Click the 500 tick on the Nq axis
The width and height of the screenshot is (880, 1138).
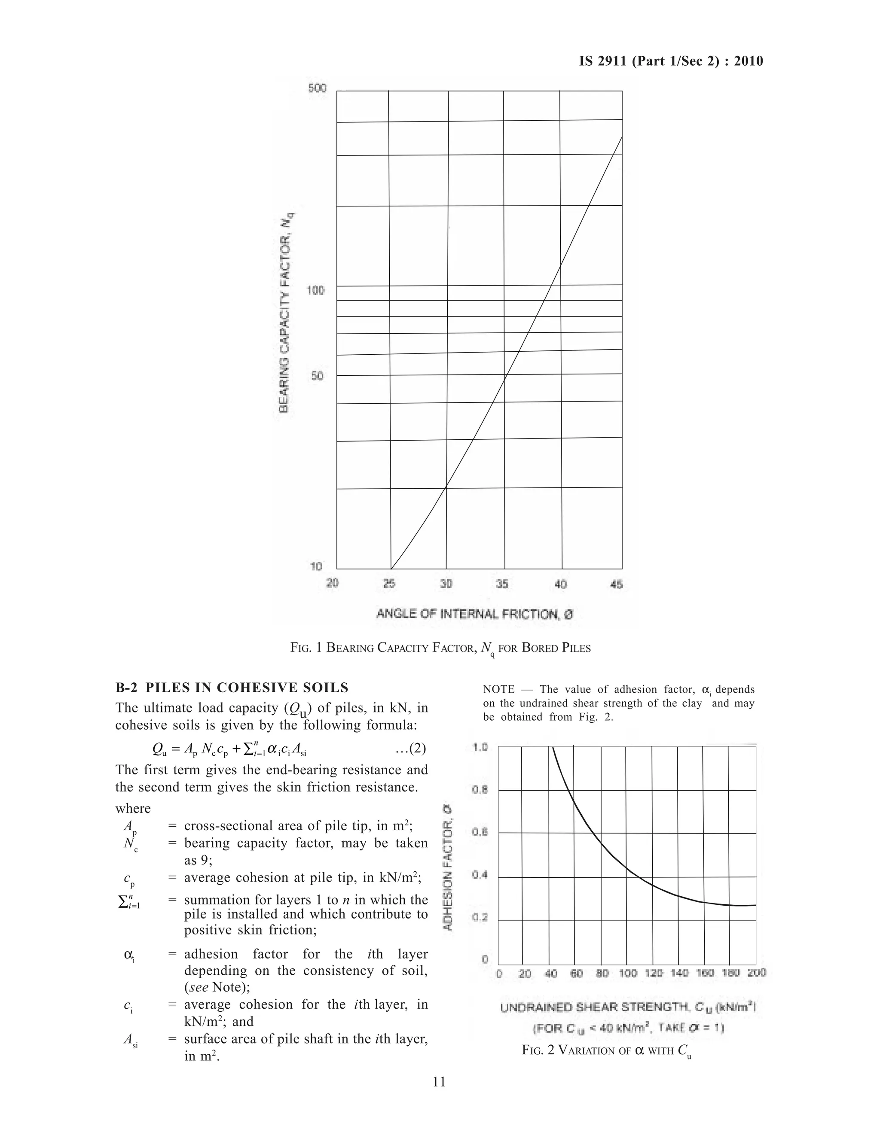[x=317, y=88]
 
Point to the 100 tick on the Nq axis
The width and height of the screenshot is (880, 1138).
[x=315, y=290]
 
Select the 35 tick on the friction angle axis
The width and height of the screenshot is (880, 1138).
[x=502, y=584]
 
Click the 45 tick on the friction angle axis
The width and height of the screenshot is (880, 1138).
[x=616, y=584]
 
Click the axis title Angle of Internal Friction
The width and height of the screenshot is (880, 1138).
[x=475, y=614]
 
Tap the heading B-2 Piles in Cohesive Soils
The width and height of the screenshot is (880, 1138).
[x=232, y=688]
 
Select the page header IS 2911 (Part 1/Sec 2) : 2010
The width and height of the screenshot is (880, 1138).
[x=671, y=61]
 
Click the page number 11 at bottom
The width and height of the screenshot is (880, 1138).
[x=439, y=1082]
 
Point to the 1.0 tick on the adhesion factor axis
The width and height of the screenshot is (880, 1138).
[x=480, y=747]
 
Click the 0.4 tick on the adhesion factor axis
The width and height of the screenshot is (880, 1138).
[x=480, y=875]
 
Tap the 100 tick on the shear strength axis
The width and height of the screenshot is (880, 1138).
[x=628, y=972]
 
